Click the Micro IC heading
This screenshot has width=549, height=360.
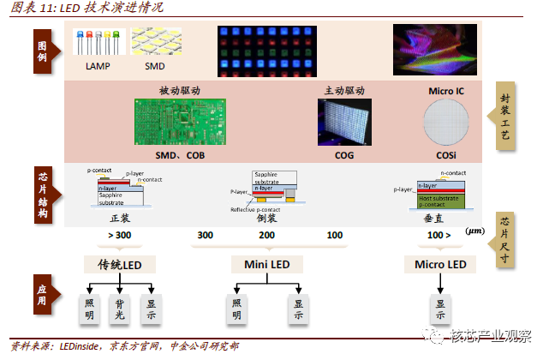(x=447, y=90)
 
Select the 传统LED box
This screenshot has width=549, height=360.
(x=119, y=265)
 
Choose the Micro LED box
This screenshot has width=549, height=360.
(x=440, y=265)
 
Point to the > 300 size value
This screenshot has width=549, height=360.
(x=119, y=234)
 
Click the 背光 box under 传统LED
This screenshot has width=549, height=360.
(x=120, y=309)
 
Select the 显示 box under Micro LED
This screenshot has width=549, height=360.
(x=440, y=309)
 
